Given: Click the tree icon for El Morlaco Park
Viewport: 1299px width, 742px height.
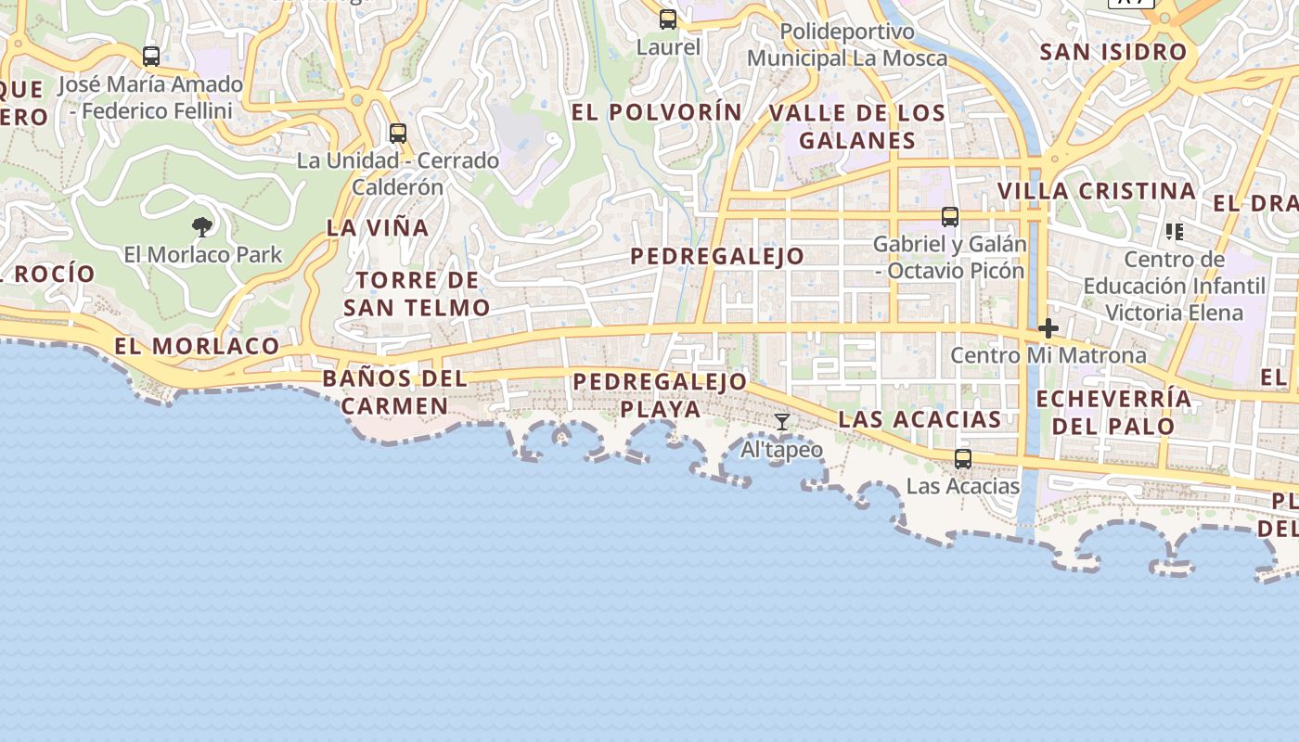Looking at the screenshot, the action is point(201,227).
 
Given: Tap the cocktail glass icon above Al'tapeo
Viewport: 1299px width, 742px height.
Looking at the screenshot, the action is point(782,423).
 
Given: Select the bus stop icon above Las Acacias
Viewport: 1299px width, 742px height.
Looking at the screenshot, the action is point(963,459).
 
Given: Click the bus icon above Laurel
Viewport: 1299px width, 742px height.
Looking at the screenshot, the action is point(668,19).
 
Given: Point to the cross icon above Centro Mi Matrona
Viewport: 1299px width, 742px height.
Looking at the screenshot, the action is point(1048,328).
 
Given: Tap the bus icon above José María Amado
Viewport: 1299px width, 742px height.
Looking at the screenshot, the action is point(151,57).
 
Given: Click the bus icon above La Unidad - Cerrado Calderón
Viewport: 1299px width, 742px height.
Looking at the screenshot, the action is point(398,134).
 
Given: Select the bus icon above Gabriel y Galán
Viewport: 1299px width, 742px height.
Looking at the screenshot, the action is point(950,217).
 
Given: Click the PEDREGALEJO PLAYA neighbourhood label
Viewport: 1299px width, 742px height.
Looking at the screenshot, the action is point(660,395).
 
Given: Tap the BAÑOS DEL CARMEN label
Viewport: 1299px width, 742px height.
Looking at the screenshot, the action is point(394,392).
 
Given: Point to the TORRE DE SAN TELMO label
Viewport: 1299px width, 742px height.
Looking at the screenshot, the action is point(417,293).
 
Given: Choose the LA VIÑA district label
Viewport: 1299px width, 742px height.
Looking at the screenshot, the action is point(378,227).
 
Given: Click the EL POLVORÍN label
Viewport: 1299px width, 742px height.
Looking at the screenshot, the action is point(657,112).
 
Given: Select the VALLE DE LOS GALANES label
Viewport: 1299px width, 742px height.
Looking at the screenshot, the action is point(857,127).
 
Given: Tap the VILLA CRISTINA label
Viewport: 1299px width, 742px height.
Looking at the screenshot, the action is point(1096,191).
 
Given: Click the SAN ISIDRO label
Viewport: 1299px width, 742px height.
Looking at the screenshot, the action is point(1113,52).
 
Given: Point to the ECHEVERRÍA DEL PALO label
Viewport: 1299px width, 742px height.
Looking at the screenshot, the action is point(1113,413).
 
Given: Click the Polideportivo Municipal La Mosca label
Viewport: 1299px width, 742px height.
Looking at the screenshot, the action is point(847,45).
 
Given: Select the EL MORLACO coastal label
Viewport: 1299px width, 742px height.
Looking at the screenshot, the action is point(197,346).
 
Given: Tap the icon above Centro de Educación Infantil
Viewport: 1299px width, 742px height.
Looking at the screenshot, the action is point(1175,231).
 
